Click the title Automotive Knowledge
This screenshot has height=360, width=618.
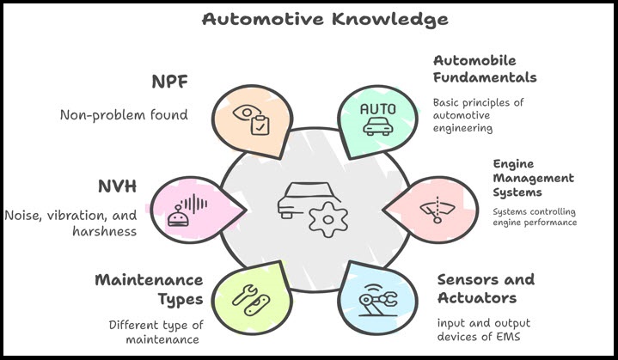(x=314, y=18)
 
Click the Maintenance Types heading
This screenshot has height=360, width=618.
(x=149, y=290)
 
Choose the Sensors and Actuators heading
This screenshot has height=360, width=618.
(x=486, y=289)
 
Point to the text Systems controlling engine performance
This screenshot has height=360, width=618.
(x=534, y=217)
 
